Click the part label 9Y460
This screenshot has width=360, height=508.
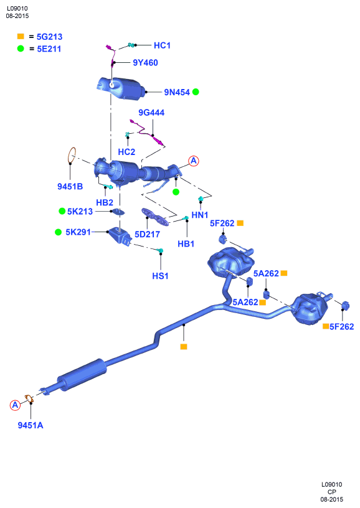click(145, 62)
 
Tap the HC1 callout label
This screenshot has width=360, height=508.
click(162, 45)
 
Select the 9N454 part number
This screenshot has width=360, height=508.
click(177, 92)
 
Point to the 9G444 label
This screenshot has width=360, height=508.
click(151, 113)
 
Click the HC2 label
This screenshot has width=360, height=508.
click(126, 152)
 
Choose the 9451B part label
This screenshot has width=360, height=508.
click(70, 186)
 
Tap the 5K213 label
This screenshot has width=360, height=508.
click(80, 211)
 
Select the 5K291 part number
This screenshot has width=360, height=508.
click(78, 232)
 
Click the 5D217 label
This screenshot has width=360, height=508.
click(147, 234)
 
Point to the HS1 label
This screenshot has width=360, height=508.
click(160, 276)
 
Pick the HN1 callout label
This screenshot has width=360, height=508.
click(199, 215)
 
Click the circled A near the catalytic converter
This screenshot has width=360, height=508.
click(194, 161)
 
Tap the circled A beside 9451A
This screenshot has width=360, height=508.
click(15, 405)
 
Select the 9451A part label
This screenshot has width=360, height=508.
click(31, 425)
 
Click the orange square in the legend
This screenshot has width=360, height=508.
click(21, 36)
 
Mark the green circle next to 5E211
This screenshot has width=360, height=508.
click(21, 49)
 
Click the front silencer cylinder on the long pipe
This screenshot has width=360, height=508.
click(82, 375)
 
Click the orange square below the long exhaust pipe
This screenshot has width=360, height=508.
click(184, 347)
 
